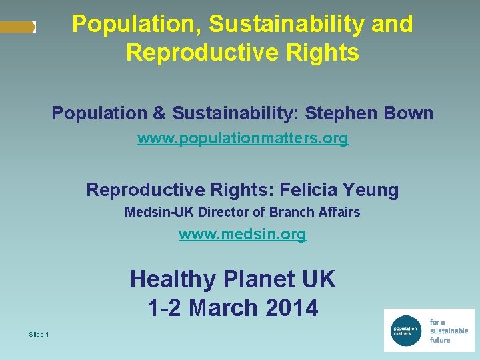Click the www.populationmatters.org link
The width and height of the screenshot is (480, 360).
click(x=243, y=139)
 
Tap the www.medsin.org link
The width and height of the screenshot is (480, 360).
click(x=243, y=235)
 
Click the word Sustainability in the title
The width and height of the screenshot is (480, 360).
click(x=287, y=24)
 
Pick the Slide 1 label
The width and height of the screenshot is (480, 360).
click(x=39, y=334)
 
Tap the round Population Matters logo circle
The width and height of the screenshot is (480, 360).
click(x=405, y=330)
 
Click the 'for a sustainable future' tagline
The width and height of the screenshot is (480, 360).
click(x=449, y=331)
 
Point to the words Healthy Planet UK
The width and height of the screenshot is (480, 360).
click(x=233, y=279)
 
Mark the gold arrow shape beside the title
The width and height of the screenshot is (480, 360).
click(x=18, y=27)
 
